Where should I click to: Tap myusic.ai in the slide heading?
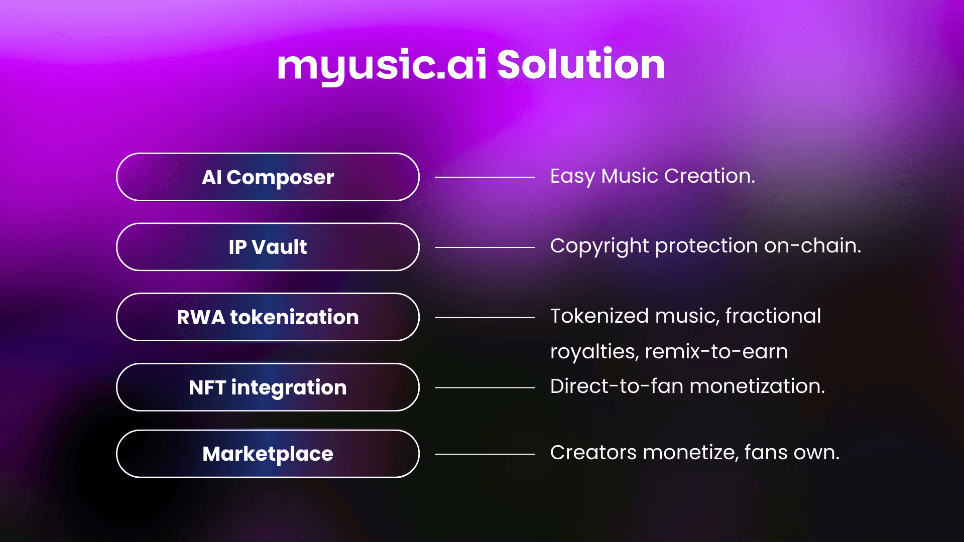382,67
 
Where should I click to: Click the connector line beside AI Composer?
485,177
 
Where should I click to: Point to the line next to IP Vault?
485,247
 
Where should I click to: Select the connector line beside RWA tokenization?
485,318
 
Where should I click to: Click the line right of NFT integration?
485,388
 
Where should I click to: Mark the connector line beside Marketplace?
485,454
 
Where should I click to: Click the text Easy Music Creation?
652,177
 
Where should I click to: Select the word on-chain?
812,246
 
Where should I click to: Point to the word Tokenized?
599,316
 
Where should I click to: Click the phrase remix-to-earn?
716,351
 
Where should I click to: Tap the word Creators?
593,453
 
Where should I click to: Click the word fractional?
773,316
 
